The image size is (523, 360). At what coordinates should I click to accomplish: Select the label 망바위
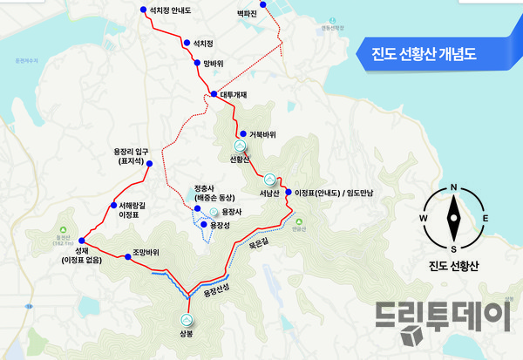click(214, 64)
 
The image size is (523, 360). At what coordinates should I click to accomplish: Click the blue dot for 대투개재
click(214, 93)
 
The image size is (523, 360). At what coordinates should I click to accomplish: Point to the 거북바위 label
click(262, 134)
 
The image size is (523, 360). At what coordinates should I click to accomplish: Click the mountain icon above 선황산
click(240, 146)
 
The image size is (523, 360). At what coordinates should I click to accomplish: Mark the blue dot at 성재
click(80, 241)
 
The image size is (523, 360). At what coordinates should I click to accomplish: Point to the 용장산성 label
click(216, 289)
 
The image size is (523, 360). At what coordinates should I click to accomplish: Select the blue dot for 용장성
click(202, 225)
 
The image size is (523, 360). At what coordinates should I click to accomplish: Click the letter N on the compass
click(453, 187)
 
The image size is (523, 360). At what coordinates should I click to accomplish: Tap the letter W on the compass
click(424, 218)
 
